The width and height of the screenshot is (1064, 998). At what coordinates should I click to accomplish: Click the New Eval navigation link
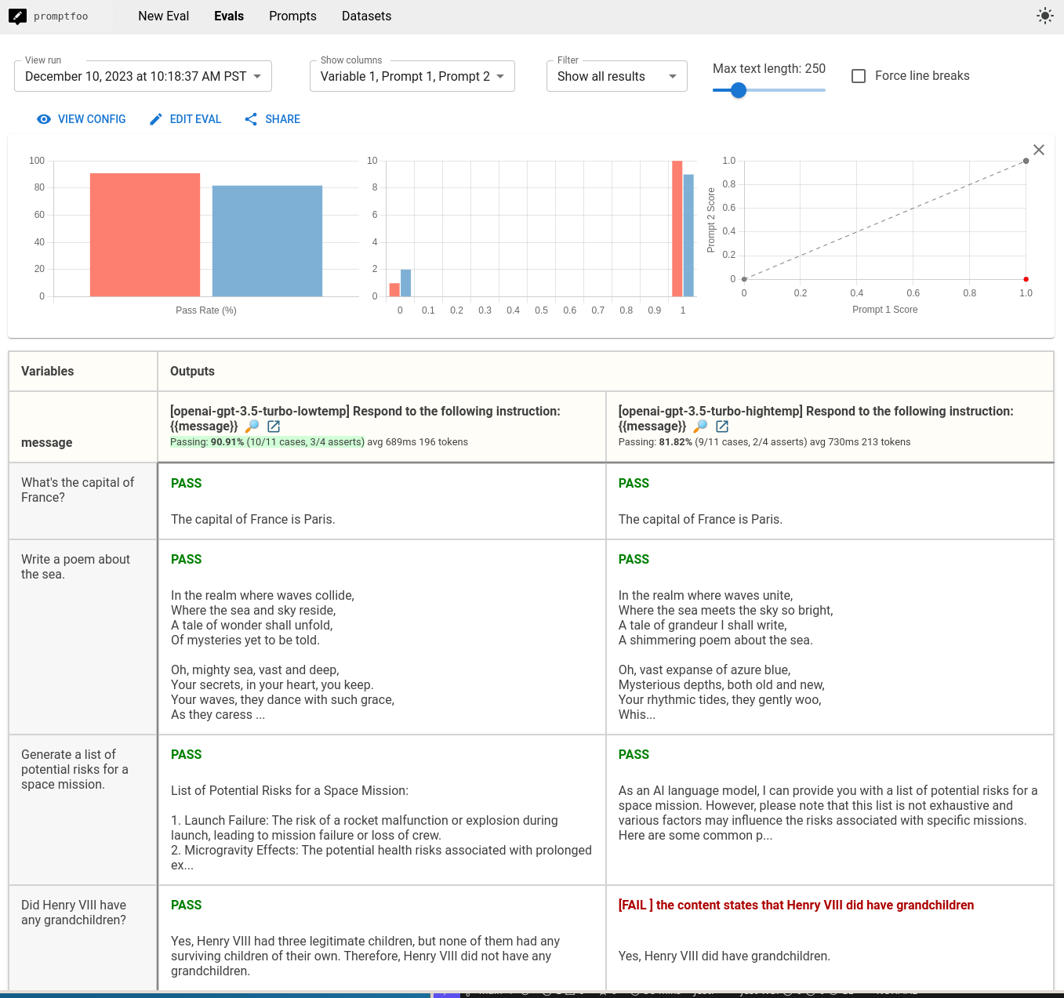tap(163, 16)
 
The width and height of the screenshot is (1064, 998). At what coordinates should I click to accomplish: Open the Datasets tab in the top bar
tap(366, 16)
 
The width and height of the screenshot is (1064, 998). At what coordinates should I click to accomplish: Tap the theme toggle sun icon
tap(1044, 16)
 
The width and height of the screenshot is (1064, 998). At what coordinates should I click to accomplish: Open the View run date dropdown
tap(143, 76)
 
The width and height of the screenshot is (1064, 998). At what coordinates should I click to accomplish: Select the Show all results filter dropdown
tap(616, 76)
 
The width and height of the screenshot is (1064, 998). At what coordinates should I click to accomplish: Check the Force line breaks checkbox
tap(859, 76)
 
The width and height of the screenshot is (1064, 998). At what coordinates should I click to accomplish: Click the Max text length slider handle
tap(738, 90)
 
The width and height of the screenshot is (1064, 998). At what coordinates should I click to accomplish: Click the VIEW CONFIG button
tap(82, 119)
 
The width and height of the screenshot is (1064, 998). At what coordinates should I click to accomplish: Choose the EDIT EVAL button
tap(186, 119)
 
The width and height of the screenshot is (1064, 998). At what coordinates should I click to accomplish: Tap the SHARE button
tap(273, 119)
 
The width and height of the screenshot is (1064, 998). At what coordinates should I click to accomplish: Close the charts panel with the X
tap(1038, 150)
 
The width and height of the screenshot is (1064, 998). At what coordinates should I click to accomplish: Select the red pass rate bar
tap(145, 234)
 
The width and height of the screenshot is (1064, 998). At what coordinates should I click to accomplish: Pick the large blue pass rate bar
tap(267, 241)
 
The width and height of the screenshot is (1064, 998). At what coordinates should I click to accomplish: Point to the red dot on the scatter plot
tap(1026, 279)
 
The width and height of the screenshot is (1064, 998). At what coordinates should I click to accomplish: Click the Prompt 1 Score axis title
tap(884, 310)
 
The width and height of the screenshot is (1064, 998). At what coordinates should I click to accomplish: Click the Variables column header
tap(48, 372)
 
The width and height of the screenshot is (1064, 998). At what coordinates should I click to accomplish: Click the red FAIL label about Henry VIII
tap(796, 905)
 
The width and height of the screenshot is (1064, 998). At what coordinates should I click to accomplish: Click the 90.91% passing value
tap(227, 442)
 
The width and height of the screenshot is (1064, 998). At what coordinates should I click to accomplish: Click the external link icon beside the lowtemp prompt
tap(274, 426)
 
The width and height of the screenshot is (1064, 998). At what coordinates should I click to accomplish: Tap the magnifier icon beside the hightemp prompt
tap(700, 426)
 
